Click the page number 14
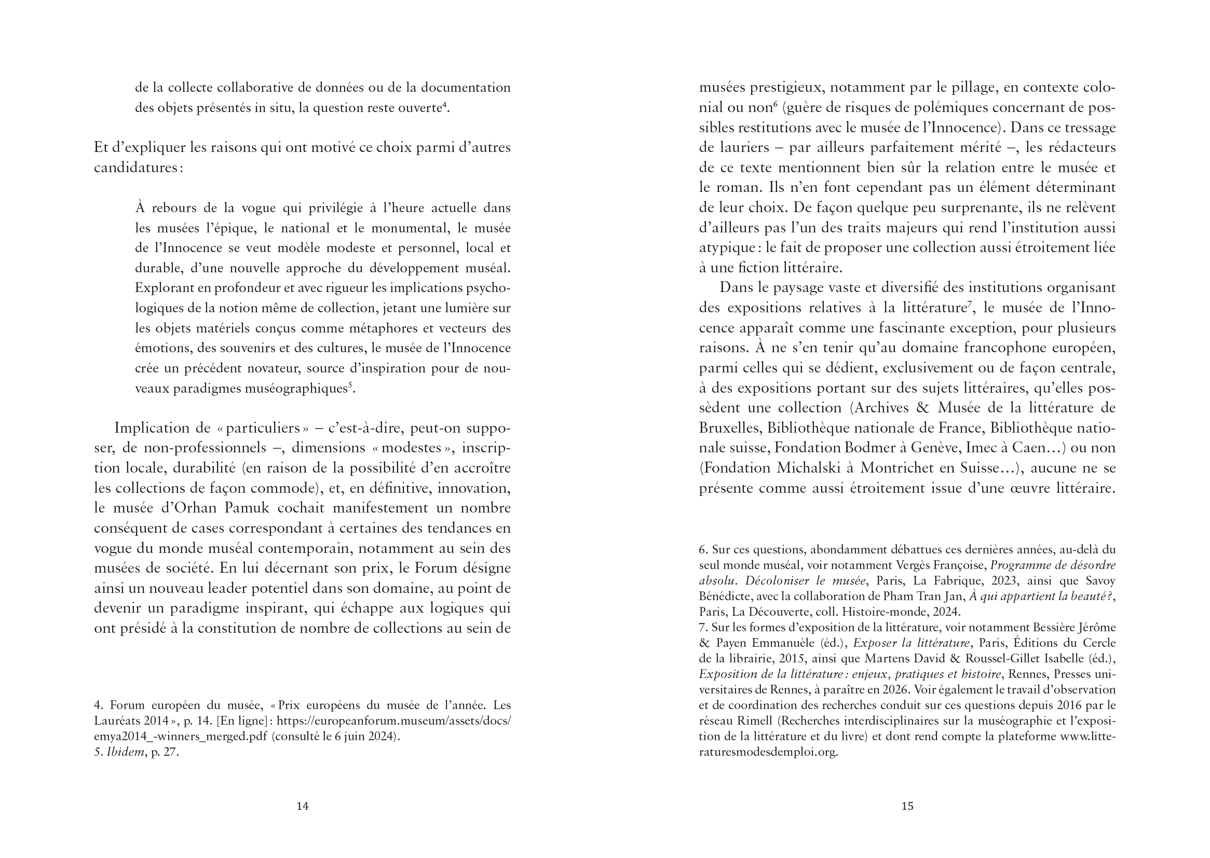302,806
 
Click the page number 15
907,806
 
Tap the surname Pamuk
247,508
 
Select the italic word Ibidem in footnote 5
125,752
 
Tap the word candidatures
136,168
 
